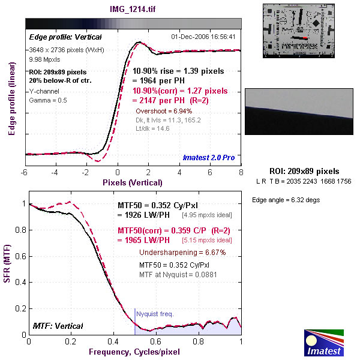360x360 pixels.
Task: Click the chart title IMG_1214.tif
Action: [133, 9]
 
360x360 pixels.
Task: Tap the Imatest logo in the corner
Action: [324, 343]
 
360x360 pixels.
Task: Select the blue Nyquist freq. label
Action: [155, 314]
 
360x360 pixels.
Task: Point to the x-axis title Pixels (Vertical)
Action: [133, 182]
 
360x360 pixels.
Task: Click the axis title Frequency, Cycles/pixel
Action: [134, 352]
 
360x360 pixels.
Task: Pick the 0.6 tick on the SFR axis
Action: [20, 256]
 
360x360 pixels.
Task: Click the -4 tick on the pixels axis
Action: [55, 172]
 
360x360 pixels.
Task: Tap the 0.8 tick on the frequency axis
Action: [199, 341]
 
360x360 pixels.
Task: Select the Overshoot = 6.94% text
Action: [164, 111]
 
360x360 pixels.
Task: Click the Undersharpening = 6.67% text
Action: [182, 253]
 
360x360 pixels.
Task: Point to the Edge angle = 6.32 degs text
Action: [286, 200]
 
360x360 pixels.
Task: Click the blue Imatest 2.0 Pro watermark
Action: [209, 157]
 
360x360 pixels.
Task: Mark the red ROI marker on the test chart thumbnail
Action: [305, 38]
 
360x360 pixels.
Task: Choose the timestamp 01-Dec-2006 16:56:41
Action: [203, 37]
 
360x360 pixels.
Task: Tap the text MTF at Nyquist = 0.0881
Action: [178, 275]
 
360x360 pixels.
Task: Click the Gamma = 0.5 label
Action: [48, 100]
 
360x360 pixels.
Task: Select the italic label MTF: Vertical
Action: [58, 326]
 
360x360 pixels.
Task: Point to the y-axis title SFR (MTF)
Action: [7, 263]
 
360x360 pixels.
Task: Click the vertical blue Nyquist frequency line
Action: [135, 322]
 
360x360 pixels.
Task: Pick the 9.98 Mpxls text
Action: [44, 59]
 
